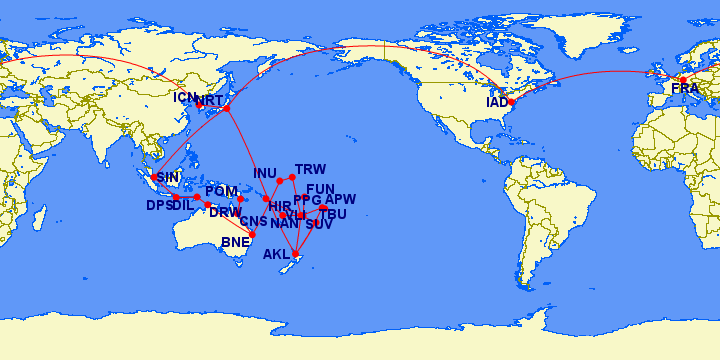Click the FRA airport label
[x=685, y=90]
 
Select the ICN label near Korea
[x=186, y=97]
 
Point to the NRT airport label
[x=211, y=101]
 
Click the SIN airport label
[x=171, y=178]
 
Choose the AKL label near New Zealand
[x=277, y=254]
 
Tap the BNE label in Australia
[x=236, y=242]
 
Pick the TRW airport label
[x=311, y=169]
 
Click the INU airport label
[x=265, y=173]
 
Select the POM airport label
[x=221, y=191]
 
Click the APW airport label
[x=340, y=200]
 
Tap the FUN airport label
[x=320, y=189]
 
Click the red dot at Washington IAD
[x=511, y=102]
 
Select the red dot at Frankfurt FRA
[x=683, y=79]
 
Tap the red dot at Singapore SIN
[x=153, y=177]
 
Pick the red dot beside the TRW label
[x=292, y=178]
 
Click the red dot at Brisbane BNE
[x=253, y=234]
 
